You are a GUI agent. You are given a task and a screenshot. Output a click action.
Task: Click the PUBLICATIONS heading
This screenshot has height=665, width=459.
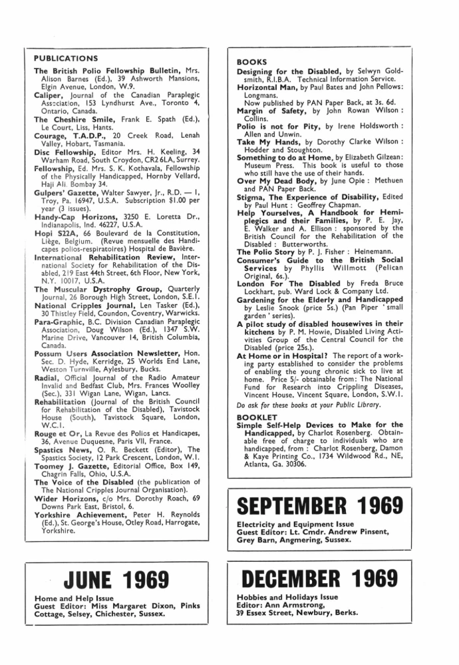[x=65, y=59]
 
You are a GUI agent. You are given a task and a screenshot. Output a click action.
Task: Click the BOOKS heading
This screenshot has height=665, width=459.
[x=252, y=62]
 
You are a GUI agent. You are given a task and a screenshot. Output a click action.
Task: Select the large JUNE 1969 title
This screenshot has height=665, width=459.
[x=116, y=581]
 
